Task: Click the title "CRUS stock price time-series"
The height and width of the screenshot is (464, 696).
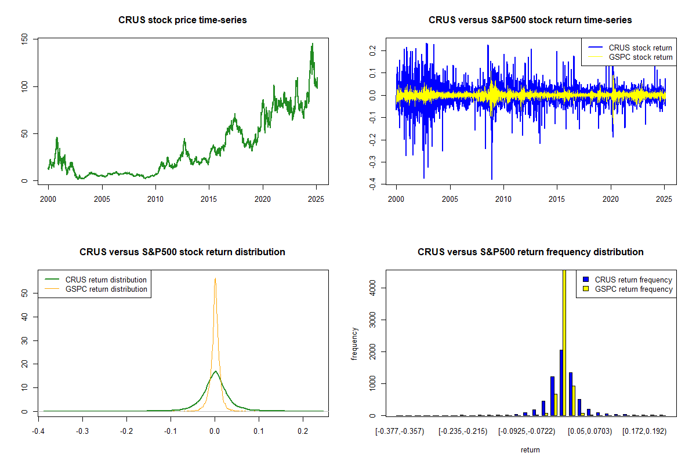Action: (182, 20)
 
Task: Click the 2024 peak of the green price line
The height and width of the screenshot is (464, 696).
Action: (312, 44)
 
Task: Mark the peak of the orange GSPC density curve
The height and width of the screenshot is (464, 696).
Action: (215, 279)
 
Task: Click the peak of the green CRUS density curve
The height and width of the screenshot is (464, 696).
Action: (215, 372)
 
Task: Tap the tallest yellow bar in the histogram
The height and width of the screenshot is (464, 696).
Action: (564, 342)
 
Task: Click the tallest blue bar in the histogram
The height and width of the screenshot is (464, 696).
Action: (561, 383)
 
